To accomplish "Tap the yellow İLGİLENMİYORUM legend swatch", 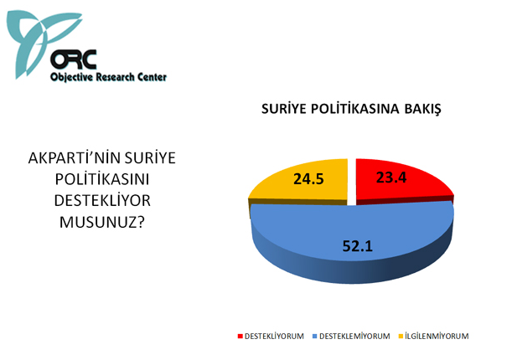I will pos(401,337).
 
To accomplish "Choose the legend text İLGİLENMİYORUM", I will pos(437,337).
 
